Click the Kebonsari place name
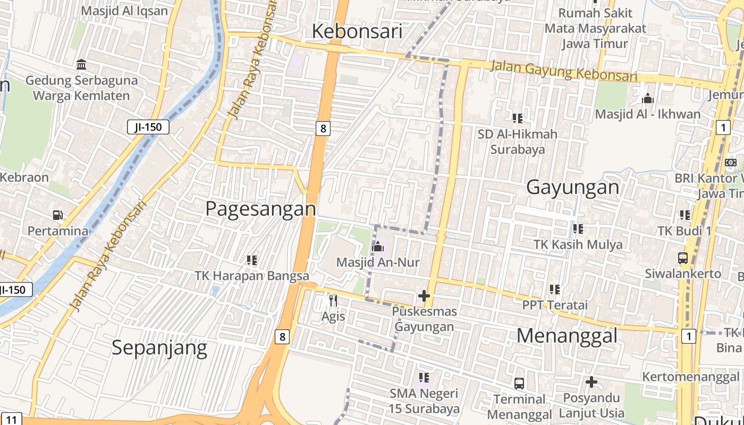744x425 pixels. [x=357, y=31]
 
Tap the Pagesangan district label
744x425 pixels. [x=260, y=208]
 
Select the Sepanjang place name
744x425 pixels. [x=159, y=347]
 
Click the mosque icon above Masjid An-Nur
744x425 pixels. [x=378, y=246]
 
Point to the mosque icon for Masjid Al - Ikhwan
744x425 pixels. [x=647, y=98]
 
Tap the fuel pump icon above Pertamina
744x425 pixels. [x=57, y=215]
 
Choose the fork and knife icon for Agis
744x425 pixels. [x=333, y=301]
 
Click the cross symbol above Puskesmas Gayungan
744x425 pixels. [x=424, y=296]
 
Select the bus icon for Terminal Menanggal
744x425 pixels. [x=519, y=383]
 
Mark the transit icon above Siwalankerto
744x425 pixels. [x=683, y=258]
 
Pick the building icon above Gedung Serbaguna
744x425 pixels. [x=81, y=65]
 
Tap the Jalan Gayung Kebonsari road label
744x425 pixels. [x=563, y=71]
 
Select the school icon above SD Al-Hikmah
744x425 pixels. [x=517, y=118]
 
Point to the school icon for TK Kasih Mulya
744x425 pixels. [x=578, y=229]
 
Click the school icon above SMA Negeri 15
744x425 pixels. [x=424, y=378]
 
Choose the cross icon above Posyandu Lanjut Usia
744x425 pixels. [x=591, y=382]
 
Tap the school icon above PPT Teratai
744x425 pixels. [x=555, y=290]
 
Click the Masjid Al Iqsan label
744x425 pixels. [x=124, y=11]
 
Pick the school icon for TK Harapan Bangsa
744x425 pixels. [x=252, y=260]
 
